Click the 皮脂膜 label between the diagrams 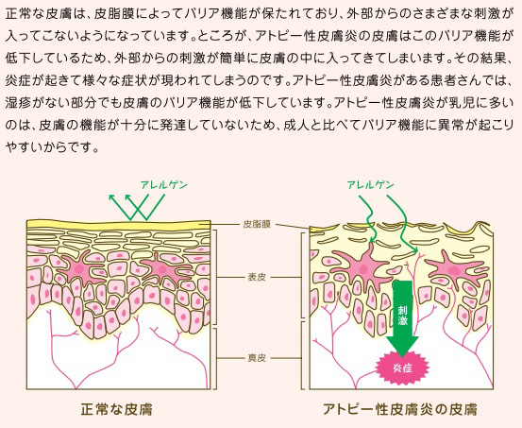click(257, 224)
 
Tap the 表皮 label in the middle click(257, 277)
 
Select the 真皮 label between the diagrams click(257, 358)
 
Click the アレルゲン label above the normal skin click(164, 184)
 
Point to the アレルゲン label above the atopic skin click(371, 184)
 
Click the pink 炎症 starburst click(402, 368)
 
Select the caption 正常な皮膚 click(116, 409)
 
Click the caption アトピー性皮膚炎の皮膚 click(400, 409)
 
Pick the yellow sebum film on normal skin click(119, 225)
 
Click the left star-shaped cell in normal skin click(80, 267)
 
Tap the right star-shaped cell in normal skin click(162, 268)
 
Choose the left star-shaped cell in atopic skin click(362, 266)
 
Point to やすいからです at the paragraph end click(52, 147)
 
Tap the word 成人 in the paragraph click(295, 125)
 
